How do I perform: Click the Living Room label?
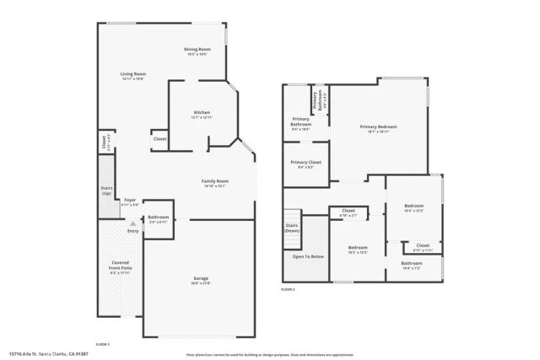(x=133, y=74)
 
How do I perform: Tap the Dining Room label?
(x=197, y=50)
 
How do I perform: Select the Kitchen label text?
(x=202, y=112)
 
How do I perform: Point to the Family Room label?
(x=214, y=181)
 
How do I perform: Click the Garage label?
(x=200, y=278)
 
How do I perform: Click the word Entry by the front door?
(x=132, y=230)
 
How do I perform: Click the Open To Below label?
(x=308, y=256)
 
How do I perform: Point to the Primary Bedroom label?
(x=378, y=126)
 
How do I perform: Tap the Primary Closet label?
(x=305, y=162)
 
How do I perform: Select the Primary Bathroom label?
(x=301, y=122)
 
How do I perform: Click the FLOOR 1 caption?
(x=103, y=344)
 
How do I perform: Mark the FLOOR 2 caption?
(x=288, y=289)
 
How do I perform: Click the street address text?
(x=48, y=355)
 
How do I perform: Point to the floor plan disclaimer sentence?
(x=330, y=355)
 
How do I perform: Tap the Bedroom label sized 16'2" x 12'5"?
(x=359, y=248)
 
